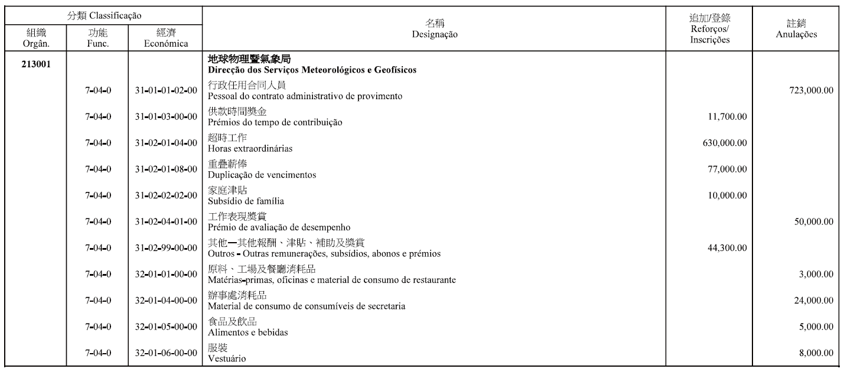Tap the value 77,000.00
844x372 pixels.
coord(726,169)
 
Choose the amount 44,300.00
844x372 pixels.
coord(726,247)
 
